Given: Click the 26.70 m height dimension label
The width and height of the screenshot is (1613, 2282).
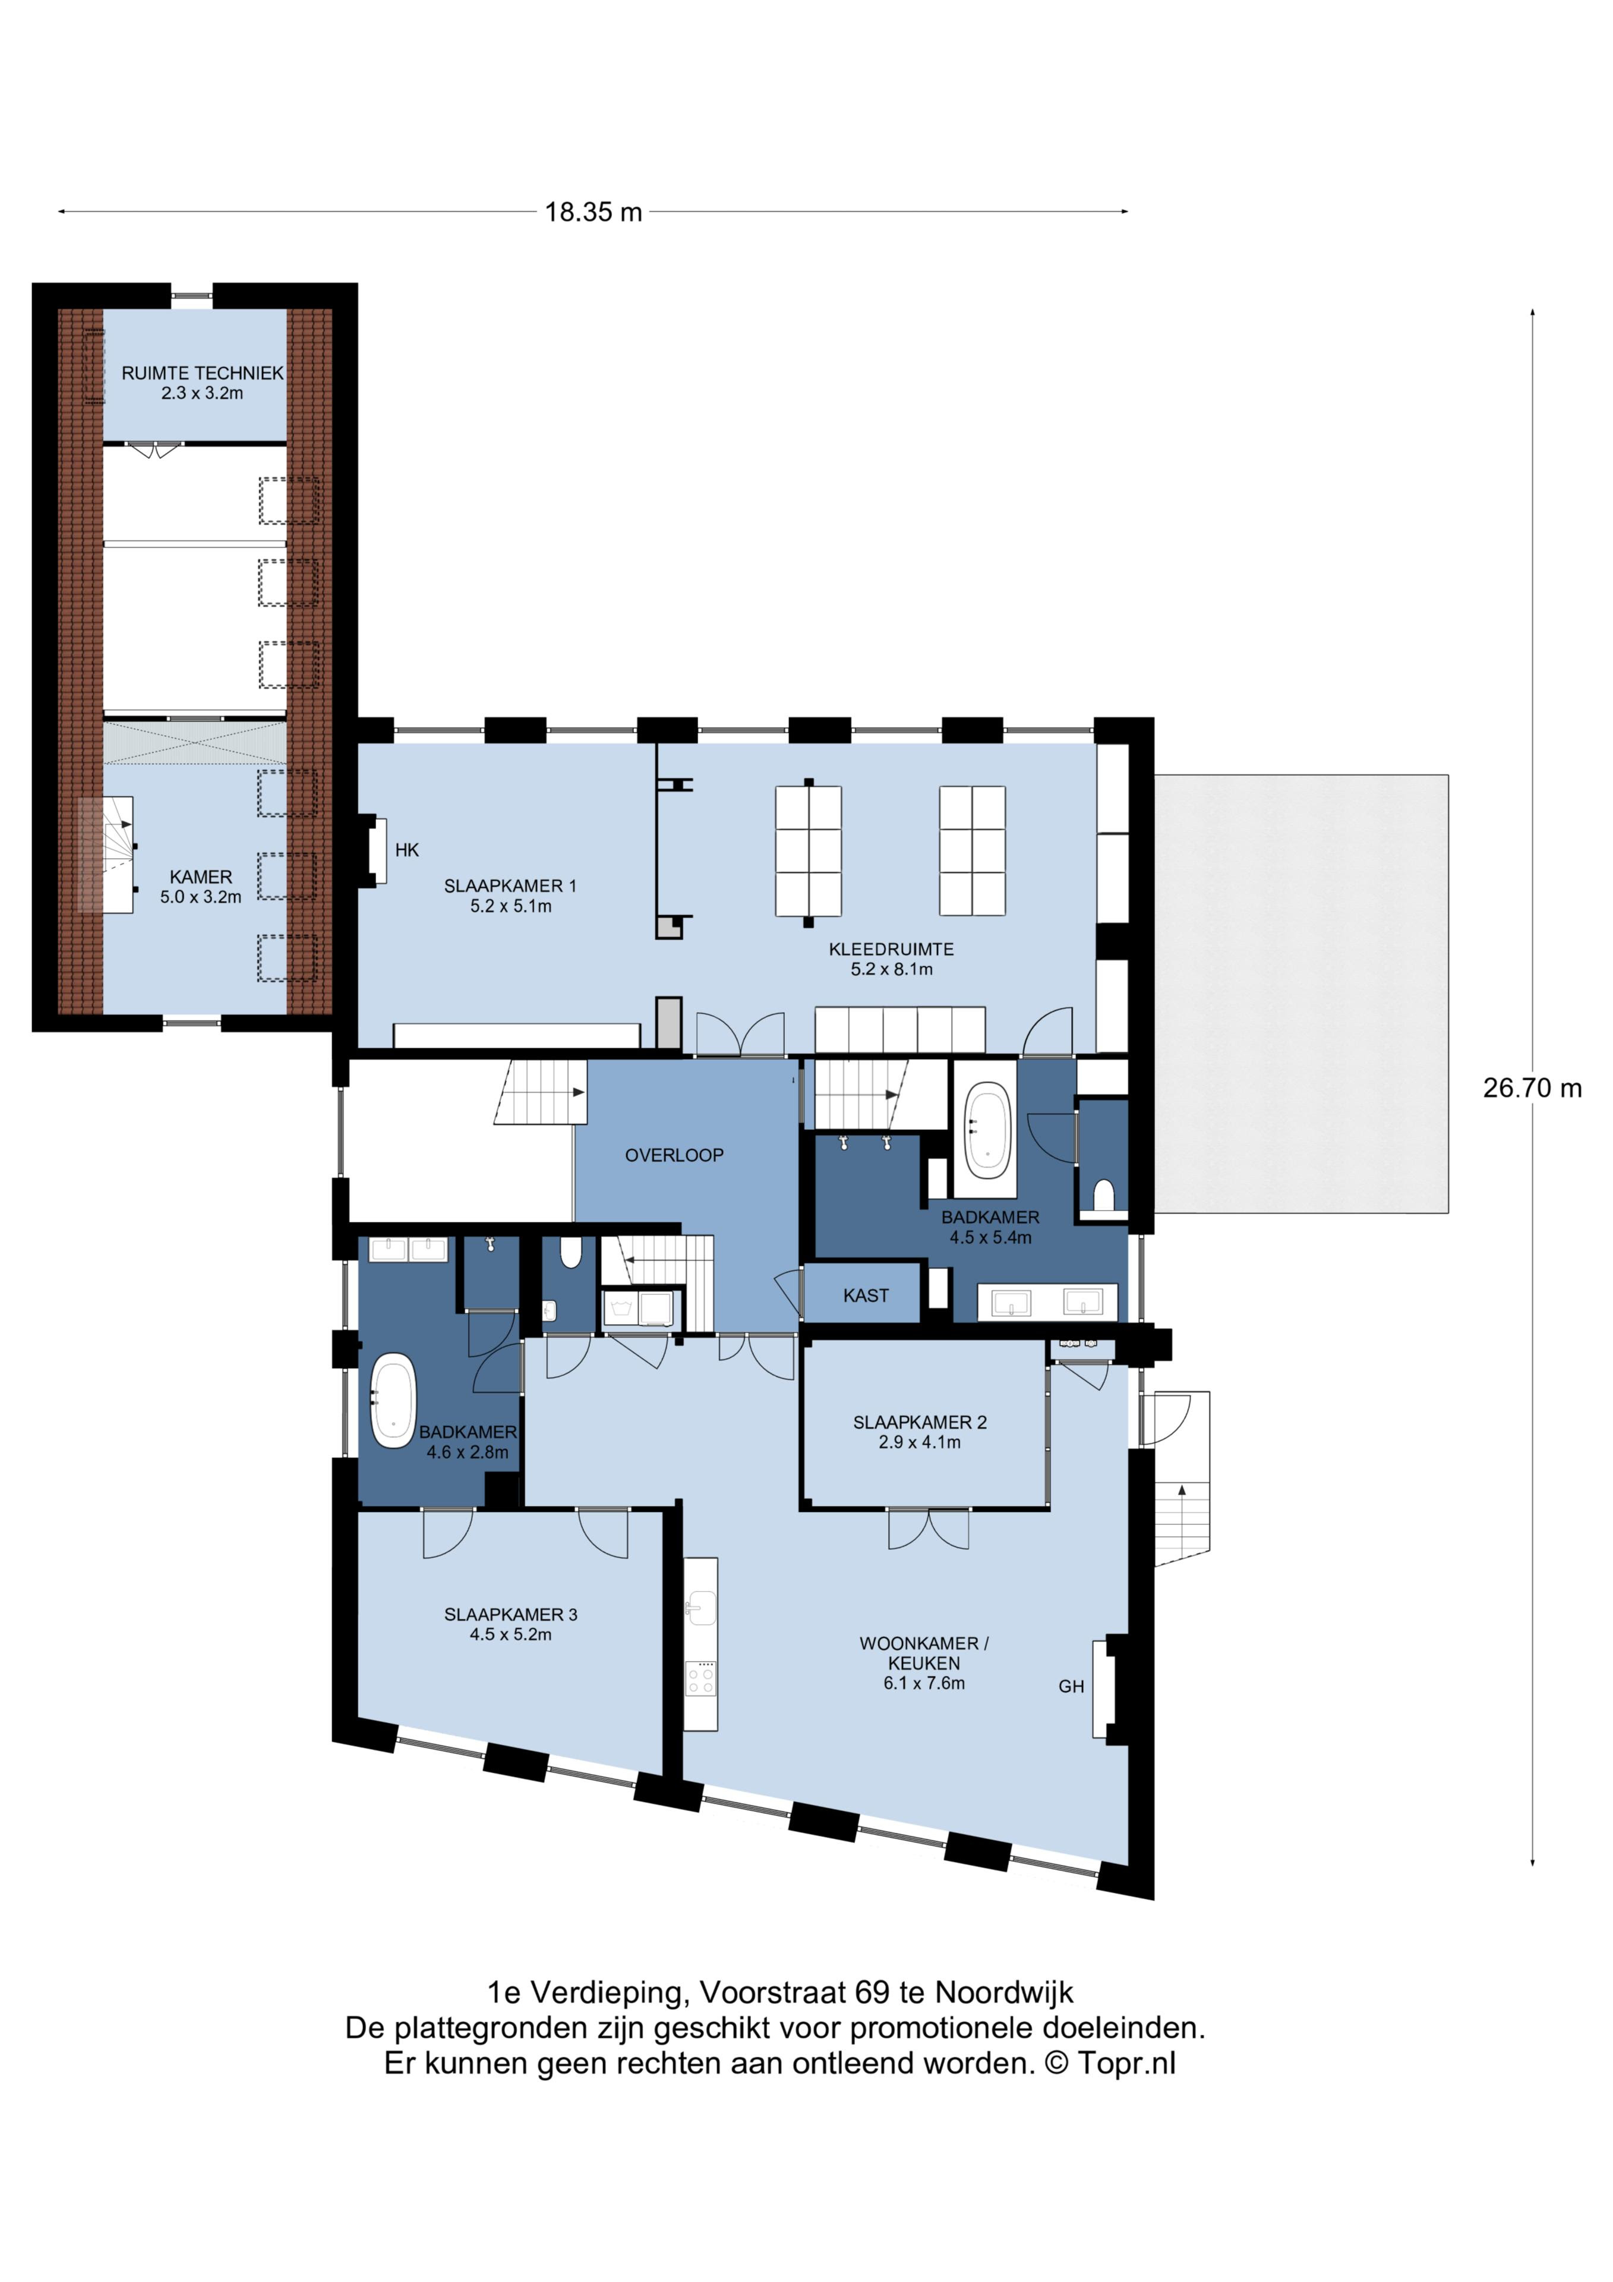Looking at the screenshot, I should click(1532, 1088).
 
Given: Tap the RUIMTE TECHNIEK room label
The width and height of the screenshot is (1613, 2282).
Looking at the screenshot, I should click(202, 373).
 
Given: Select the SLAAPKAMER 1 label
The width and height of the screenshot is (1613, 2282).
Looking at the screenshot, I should click(510, 885).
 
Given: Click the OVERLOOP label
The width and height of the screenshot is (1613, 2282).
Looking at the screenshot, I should click(674, 1155).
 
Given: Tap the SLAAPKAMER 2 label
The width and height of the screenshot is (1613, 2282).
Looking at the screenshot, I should click(919, 1422).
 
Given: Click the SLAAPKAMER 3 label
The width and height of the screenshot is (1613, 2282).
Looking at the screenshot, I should click(510, 1614).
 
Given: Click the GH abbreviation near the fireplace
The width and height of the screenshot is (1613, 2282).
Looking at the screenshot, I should click(1071, 1686).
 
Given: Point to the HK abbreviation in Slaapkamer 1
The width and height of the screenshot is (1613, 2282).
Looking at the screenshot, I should click(406, 850).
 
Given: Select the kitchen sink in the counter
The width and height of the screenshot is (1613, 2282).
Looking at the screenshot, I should click(700, 1603).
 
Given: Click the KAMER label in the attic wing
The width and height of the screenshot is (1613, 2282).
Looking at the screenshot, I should click(201, 877).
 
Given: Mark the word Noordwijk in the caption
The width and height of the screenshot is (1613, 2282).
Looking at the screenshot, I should click(1004, 1993).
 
